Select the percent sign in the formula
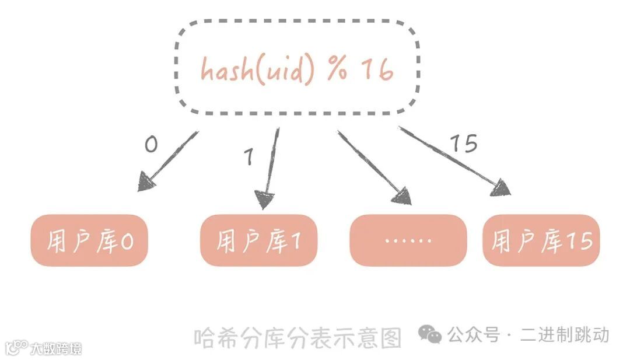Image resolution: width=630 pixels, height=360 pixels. (x=337, y=70)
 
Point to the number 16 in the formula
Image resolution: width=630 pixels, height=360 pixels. (x=377, y=70)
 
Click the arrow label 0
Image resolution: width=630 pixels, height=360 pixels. (x=151, y=144)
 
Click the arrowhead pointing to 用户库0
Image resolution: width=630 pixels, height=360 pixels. (x=146, y=182)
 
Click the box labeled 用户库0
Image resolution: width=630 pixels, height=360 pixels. (x=89, y=240)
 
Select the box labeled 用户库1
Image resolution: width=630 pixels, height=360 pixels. (x=259, y=240)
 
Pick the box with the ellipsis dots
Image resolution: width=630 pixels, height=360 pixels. (x=408, y=240)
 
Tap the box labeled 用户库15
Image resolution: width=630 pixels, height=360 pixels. (x=541, y=240)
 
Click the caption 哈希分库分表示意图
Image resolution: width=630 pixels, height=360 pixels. (x=298, y=337)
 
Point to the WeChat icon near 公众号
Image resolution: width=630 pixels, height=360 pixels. (x=430, y=334)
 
